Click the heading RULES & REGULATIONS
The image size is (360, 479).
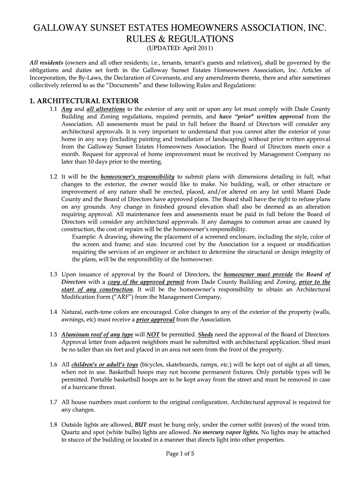coord(180,38)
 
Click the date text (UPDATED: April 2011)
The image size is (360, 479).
coord(180,49)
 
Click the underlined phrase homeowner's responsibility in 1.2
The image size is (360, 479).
coord(137,177)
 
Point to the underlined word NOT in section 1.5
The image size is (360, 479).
coord(153,334)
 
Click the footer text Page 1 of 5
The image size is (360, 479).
coord(180,454)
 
